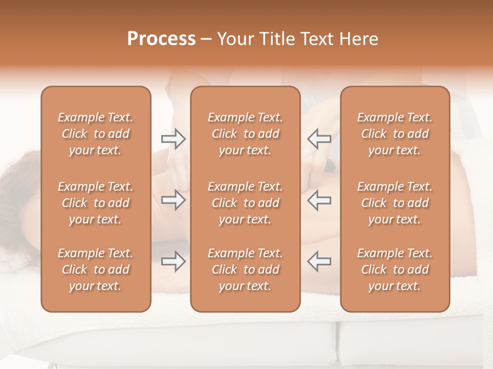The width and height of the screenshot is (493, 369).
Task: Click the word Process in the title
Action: [161, 39]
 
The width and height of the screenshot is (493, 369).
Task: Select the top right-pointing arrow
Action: [173, 138]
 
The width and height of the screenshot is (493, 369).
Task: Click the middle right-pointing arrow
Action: [173, 200]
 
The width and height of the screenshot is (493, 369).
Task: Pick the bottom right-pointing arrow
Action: [173, 261]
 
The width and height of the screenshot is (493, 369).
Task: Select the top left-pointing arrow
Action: [319, 138]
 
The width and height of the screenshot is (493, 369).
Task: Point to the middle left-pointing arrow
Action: [319, 200]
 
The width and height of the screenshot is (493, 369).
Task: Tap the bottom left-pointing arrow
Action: [319, 261]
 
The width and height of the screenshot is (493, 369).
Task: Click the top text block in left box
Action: [96, 134]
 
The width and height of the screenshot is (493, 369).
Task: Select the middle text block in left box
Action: [96, 203]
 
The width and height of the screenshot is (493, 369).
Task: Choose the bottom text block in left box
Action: [96, 270]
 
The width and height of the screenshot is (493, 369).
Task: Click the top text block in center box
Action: [245, 134]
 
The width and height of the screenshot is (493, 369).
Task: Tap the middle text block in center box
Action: [245, 203]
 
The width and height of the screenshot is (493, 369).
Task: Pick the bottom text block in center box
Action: [245, 270]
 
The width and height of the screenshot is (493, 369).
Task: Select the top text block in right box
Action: [394, 134]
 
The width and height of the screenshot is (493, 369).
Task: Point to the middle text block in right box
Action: [394, 203]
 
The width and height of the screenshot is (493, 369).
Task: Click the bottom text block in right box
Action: [394, 270]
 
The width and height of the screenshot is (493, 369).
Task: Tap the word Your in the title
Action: [235, 39]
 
